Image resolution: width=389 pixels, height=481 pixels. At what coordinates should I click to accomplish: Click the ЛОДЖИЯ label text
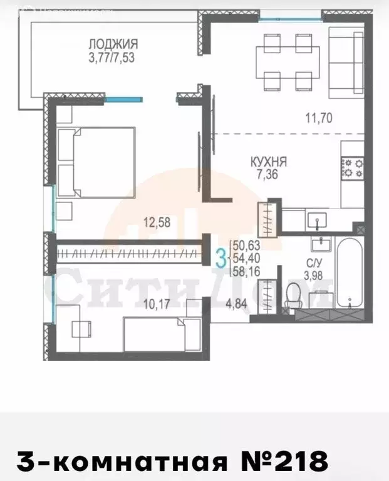click(x=113, y=44)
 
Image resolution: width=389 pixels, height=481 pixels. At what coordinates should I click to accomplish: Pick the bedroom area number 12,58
click(x=157, y=221)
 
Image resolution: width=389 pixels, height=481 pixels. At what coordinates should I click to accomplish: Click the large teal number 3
click(x=220, y=257)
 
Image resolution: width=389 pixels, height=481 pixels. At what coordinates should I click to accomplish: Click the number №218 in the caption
click(x=288, y=462)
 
